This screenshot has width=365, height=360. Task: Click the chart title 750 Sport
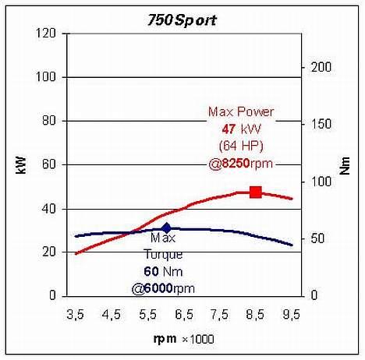182,20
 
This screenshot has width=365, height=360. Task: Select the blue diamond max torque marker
166,228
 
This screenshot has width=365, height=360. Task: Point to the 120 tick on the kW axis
49,34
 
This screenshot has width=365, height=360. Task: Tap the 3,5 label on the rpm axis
75,316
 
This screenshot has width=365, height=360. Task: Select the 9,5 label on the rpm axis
291,316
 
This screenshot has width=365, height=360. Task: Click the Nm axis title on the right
345,165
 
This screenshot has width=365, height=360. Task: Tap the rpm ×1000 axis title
182,339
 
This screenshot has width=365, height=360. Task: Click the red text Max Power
241,112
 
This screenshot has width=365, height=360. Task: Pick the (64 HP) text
241,146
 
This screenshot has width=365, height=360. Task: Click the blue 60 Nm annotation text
163,272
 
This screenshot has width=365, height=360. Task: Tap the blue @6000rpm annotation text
163,288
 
